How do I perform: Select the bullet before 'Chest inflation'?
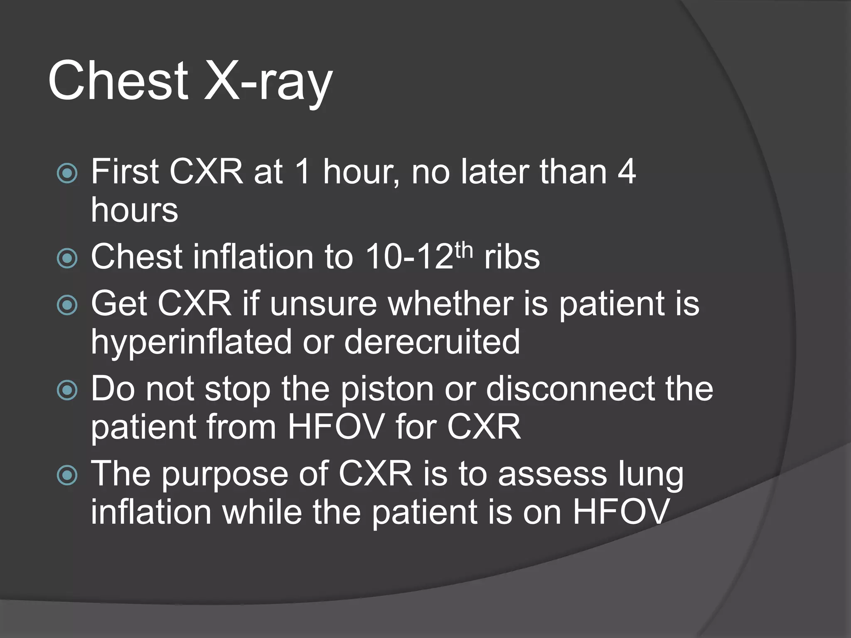[67, 258]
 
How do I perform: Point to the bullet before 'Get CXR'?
[67, 305]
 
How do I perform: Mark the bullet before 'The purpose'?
[67, 476]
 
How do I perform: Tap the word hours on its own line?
[134, 210]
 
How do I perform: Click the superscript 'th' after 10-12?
[464, 250]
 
